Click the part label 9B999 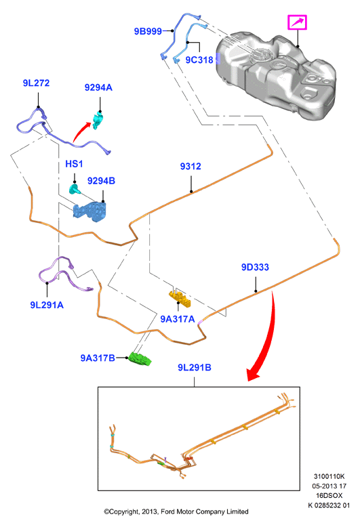coord(148,31)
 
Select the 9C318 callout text coord(199,60)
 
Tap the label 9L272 coord(36,83)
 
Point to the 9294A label coord(98,87)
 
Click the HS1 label coord(74,164)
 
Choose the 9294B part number coord(101,181)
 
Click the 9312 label coord(191,167)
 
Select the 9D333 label coord(255,267)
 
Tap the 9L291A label coord(47,305)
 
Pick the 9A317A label coord(178,319)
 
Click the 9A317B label coord(98,358)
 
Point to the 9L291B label coord(195,368)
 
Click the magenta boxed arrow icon coord(298,22)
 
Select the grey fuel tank coord(275,75)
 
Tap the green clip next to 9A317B coord(140,358)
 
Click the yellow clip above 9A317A coord(180,298)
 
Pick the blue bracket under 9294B coord(90,211)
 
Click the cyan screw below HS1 coord(75,189)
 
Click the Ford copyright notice coord(176,511)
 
